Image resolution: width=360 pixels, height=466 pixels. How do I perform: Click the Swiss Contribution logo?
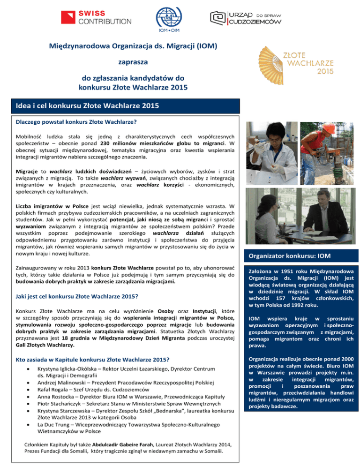coord(96,17)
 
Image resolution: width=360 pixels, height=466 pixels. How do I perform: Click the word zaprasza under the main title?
coord(134,61)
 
